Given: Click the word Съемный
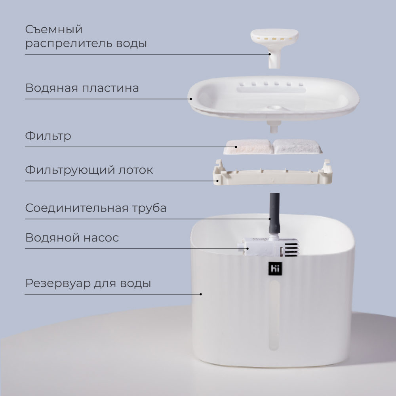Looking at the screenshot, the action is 54,30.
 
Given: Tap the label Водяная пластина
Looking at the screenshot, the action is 82,88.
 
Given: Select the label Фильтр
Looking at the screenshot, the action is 48,136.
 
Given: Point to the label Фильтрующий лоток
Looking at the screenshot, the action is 89,170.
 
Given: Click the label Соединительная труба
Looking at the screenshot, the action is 96,208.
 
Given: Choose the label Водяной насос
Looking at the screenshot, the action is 72,238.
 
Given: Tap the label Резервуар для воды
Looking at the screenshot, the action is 88,284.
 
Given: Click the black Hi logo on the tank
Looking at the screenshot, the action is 275,268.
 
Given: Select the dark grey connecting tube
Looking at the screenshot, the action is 274,213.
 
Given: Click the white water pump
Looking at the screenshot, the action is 268,246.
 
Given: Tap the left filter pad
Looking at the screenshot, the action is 248,147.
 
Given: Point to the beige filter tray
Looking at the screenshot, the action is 272,174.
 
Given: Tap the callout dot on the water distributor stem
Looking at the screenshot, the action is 270,54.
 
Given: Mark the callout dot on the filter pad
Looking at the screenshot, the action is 236,147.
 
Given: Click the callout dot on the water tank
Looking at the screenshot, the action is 201,294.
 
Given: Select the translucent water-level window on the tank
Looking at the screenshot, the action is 274,316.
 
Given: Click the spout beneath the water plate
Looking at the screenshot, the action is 274,127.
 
